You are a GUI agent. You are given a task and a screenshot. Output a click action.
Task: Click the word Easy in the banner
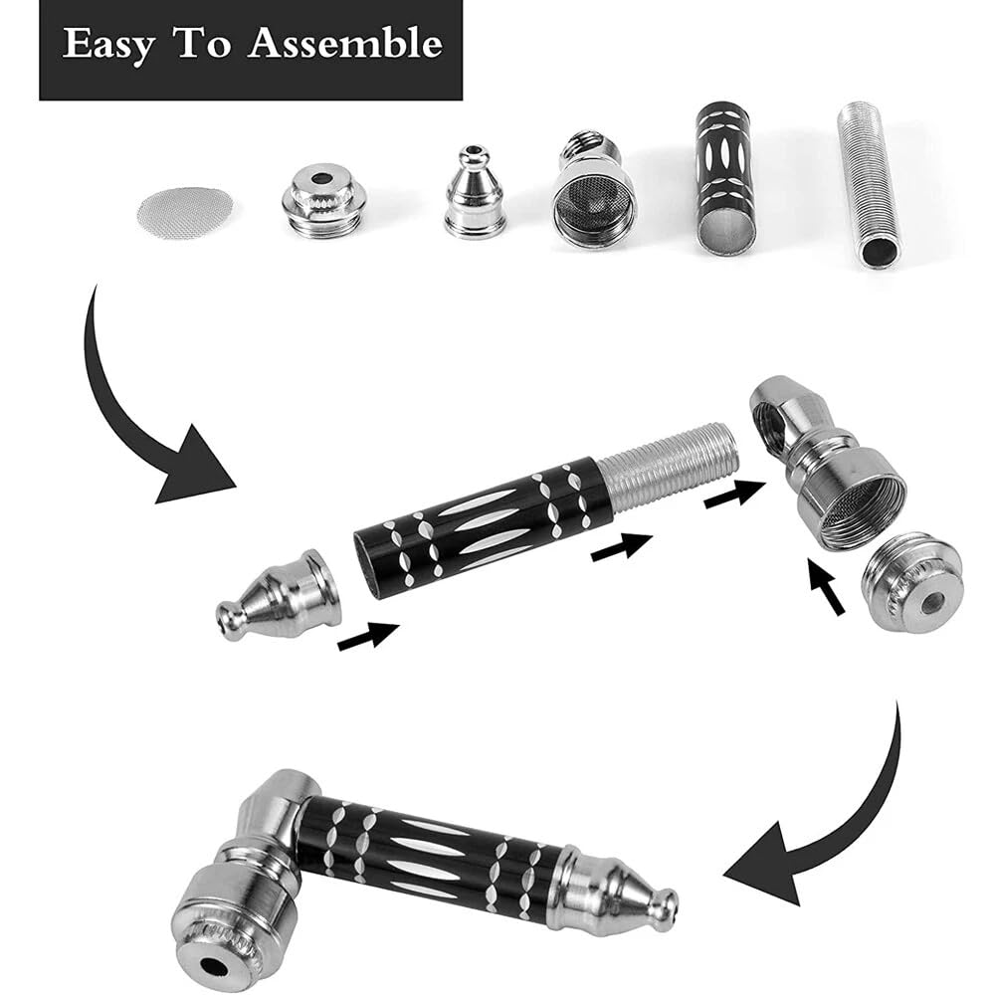point(107,46)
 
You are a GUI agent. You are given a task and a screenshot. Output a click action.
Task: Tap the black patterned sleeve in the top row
point(727,179)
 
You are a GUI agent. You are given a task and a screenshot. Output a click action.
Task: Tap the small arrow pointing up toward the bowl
point(826,586)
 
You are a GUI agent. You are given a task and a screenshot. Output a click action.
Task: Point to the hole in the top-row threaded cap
point(323,178)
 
